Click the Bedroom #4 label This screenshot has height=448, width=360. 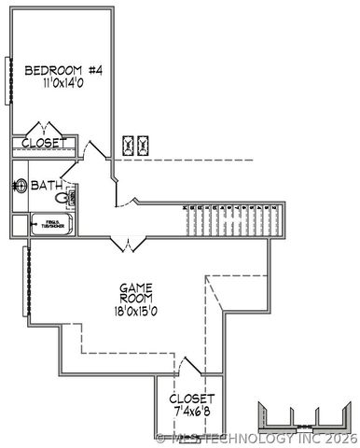(x=62, y=70)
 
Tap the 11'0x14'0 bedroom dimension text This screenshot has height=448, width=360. (x=62, y=84)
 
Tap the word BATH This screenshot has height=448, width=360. (x=46, y=187)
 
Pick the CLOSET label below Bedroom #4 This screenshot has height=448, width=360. (x=44, y=143)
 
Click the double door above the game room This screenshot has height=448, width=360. (x=126, y=244)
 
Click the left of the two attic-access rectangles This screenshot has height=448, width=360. (x=128, y=145)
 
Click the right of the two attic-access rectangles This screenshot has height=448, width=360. (x=144, y=145)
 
